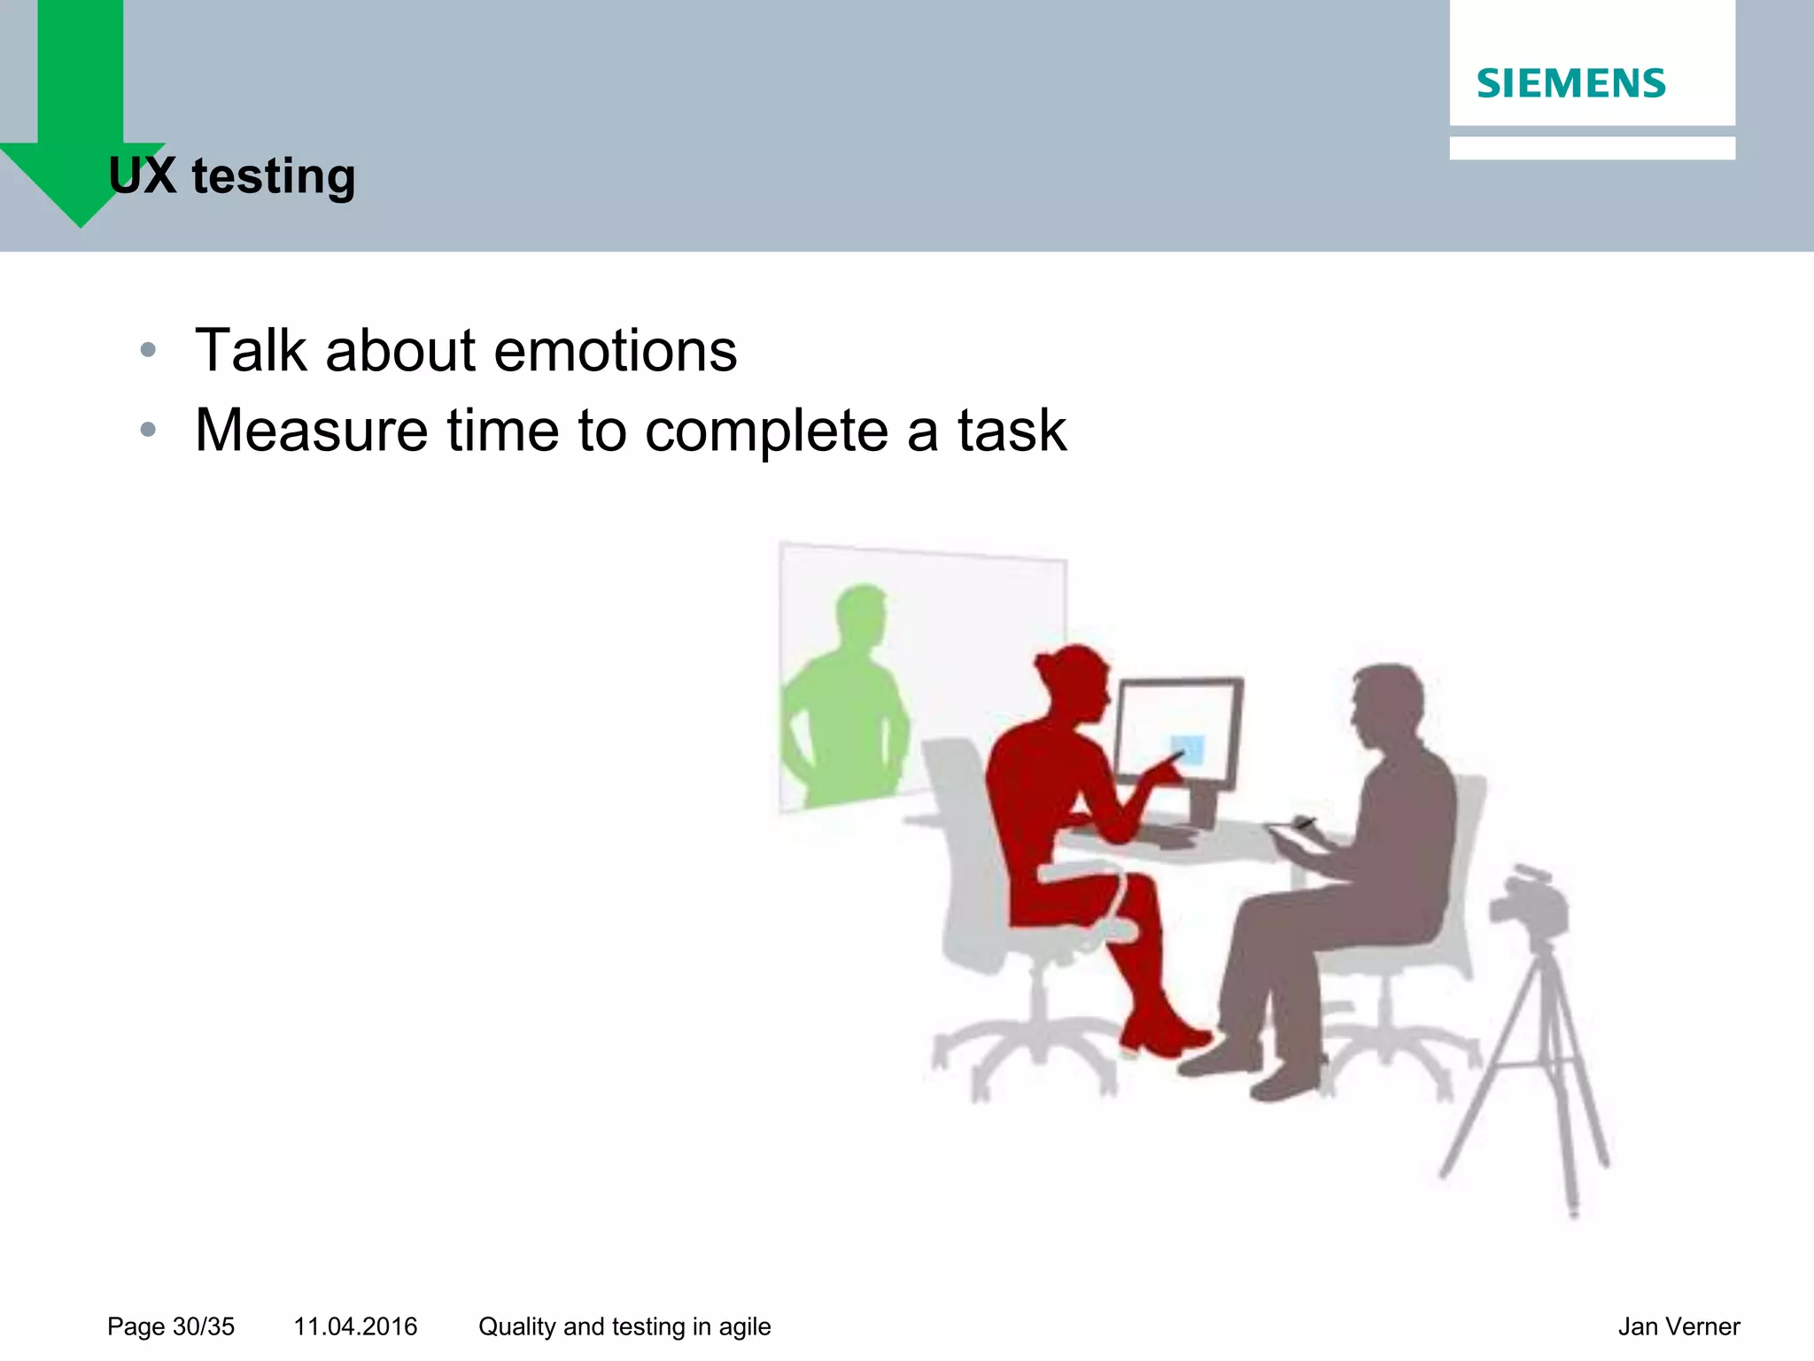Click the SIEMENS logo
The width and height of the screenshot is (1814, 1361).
[x=1570, y=83]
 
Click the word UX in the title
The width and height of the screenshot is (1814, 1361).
[x=142, y=175]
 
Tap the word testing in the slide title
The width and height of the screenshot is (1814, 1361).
[x=274, y=177]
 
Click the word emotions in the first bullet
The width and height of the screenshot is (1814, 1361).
[x=615, y=351]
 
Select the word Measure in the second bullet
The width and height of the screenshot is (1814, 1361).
[x=312, y=431]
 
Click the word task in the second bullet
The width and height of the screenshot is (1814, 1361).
[x=1012, y=431]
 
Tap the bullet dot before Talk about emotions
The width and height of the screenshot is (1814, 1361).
[x=148, y=350]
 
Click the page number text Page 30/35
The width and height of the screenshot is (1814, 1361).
[x=171, y=1326]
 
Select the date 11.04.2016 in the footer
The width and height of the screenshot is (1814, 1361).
[x=355, y=1326]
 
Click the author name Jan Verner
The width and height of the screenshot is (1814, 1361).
[x=1678, y=1326]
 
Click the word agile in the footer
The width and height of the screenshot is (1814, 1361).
[x=744, y=1326]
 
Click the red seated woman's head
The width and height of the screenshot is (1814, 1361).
[x=1074, y=678]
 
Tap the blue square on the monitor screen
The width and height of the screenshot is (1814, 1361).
[x=1188, y=750]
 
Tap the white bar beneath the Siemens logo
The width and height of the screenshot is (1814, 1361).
[x=1592, y=148]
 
